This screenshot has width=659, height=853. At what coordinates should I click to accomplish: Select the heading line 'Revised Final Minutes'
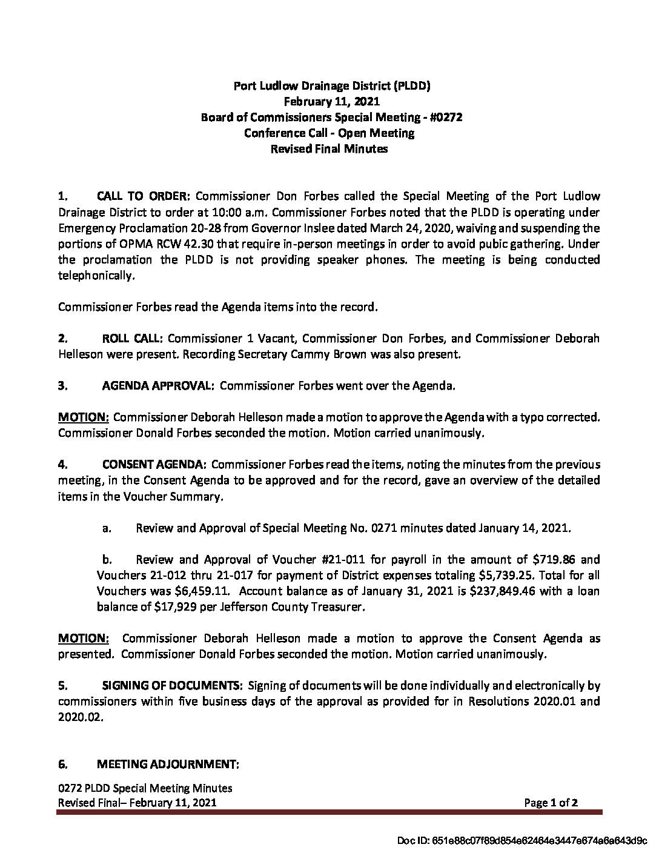click(328, 148)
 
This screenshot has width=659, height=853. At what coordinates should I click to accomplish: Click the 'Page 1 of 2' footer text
click(551, 803)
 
